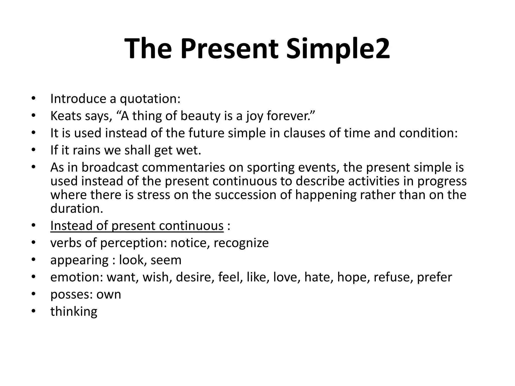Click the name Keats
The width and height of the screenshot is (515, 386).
[66, 116]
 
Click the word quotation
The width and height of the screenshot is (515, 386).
[150, 99]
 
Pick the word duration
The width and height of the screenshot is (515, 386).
[76, 209]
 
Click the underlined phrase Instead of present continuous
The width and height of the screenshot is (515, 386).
[137, 226]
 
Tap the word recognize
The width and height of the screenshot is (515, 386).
[241, 243]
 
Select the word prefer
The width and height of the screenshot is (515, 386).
[434, 277]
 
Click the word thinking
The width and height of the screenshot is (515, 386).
[74, 312]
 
